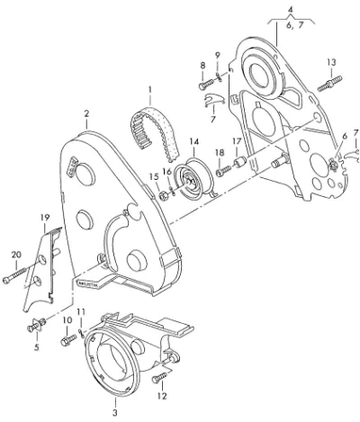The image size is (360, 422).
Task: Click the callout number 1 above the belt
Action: click(x=149, y=89)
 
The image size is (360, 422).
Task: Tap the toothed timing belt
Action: click(x=154, y=132)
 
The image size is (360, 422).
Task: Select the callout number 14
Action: click(x=194, y=141)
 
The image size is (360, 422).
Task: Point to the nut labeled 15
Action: click(x=162, y=196)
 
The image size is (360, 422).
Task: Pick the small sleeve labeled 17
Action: click(x=239, y=162)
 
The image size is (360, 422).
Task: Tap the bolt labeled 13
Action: click(x=329, y=84)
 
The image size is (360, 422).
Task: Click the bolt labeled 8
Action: click(x=206, y=83)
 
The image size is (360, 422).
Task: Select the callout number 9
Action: click(x=218, y=56)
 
